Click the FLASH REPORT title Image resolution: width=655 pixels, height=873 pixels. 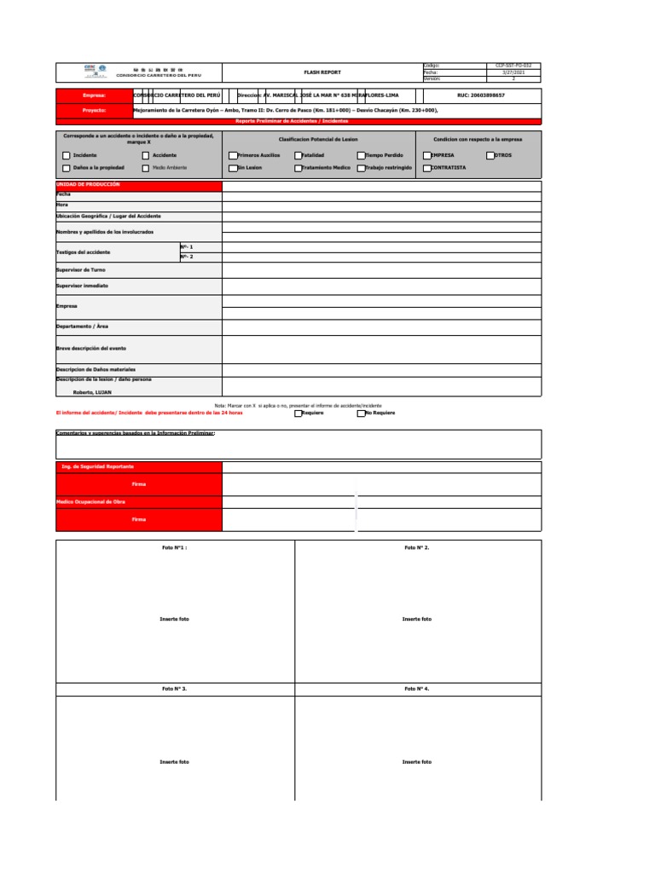pyautogui.click(x=322, y=72)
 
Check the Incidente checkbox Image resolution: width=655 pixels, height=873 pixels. pyautogui.click(x=67, y=156)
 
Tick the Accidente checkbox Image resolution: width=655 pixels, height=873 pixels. pyautogui.click(x=146, y=156)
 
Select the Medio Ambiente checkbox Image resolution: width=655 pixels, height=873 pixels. pyautogui.click(x=146, y=168)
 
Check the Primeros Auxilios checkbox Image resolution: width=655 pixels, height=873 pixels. pyautogui.click(x=232, y=156)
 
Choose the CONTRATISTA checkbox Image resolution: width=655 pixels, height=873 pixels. pyautogui.click(x=426, y=168)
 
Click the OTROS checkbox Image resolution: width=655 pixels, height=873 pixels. pyautogui.click(x=490, y=156)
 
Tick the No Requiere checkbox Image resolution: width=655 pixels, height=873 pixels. pyautogui.click(x=362, y=413)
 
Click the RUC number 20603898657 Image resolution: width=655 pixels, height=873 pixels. pyautogui.click(x=481, y=96)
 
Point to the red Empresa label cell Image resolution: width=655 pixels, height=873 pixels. pyautogui.click(x=94, y=96)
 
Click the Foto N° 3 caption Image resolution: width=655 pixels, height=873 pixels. pyautogui.click(x=175, y=687)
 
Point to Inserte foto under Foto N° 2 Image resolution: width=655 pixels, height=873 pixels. pyautogui.click(x=417, y=619)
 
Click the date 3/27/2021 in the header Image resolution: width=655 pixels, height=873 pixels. pyautogui.click(x=514, y=72)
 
